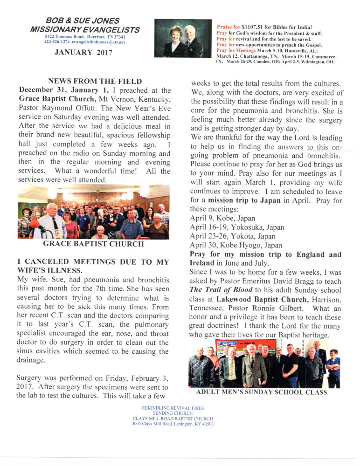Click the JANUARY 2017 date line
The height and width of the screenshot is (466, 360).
point(83,52)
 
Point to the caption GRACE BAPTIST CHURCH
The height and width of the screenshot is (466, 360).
point(93,243)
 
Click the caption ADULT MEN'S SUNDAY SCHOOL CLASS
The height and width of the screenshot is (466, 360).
point(262,392)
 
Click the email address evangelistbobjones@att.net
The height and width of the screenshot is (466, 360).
point(99,41)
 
